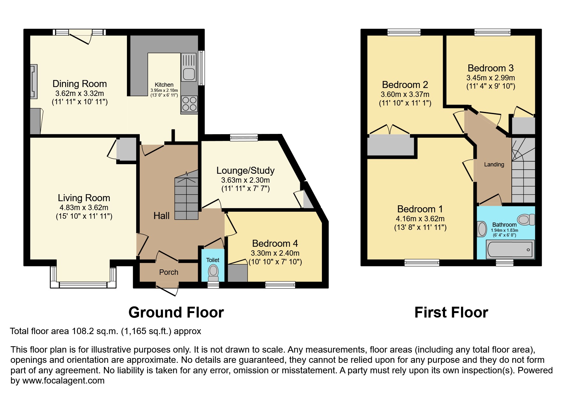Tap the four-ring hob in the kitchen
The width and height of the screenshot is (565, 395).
pyautogui.click(x=189, y=104)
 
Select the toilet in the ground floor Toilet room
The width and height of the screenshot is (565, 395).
pyautogui.click(x=213, y=272)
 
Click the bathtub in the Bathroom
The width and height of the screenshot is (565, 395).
pyautogui.click(x=510, y=250)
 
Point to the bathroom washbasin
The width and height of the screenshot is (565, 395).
pyautogui.click(x=482, y=229)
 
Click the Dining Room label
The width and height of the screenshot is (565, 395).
pyautogui.click(x=79, y=84)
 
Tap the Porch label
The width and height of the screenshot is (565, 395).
pyautogui.click(x=168, y=272)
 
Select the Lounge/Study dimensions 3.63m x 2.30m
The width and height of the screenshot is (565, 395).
pyautogui.click(x=245, y=180)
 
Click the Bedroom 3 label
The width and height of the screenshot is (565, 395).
pyautogui.click(x=490, y=68)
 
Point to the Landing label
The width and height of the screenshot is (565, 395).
pyautogui.click(x=494, y=165)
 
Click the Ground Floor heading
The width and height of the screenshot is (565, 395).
pyautogui.click(x=176, y=312)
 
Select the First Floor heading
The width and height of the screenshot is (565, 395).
pyautogui.click(x=451, y=312)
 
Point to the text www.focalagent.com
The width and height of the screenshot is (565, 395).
pyautogui.click(x=63, y=381)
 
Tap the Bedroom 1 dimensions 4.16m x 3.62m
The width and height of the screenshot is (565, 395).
pyautogui.click(x=420, y=219)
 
